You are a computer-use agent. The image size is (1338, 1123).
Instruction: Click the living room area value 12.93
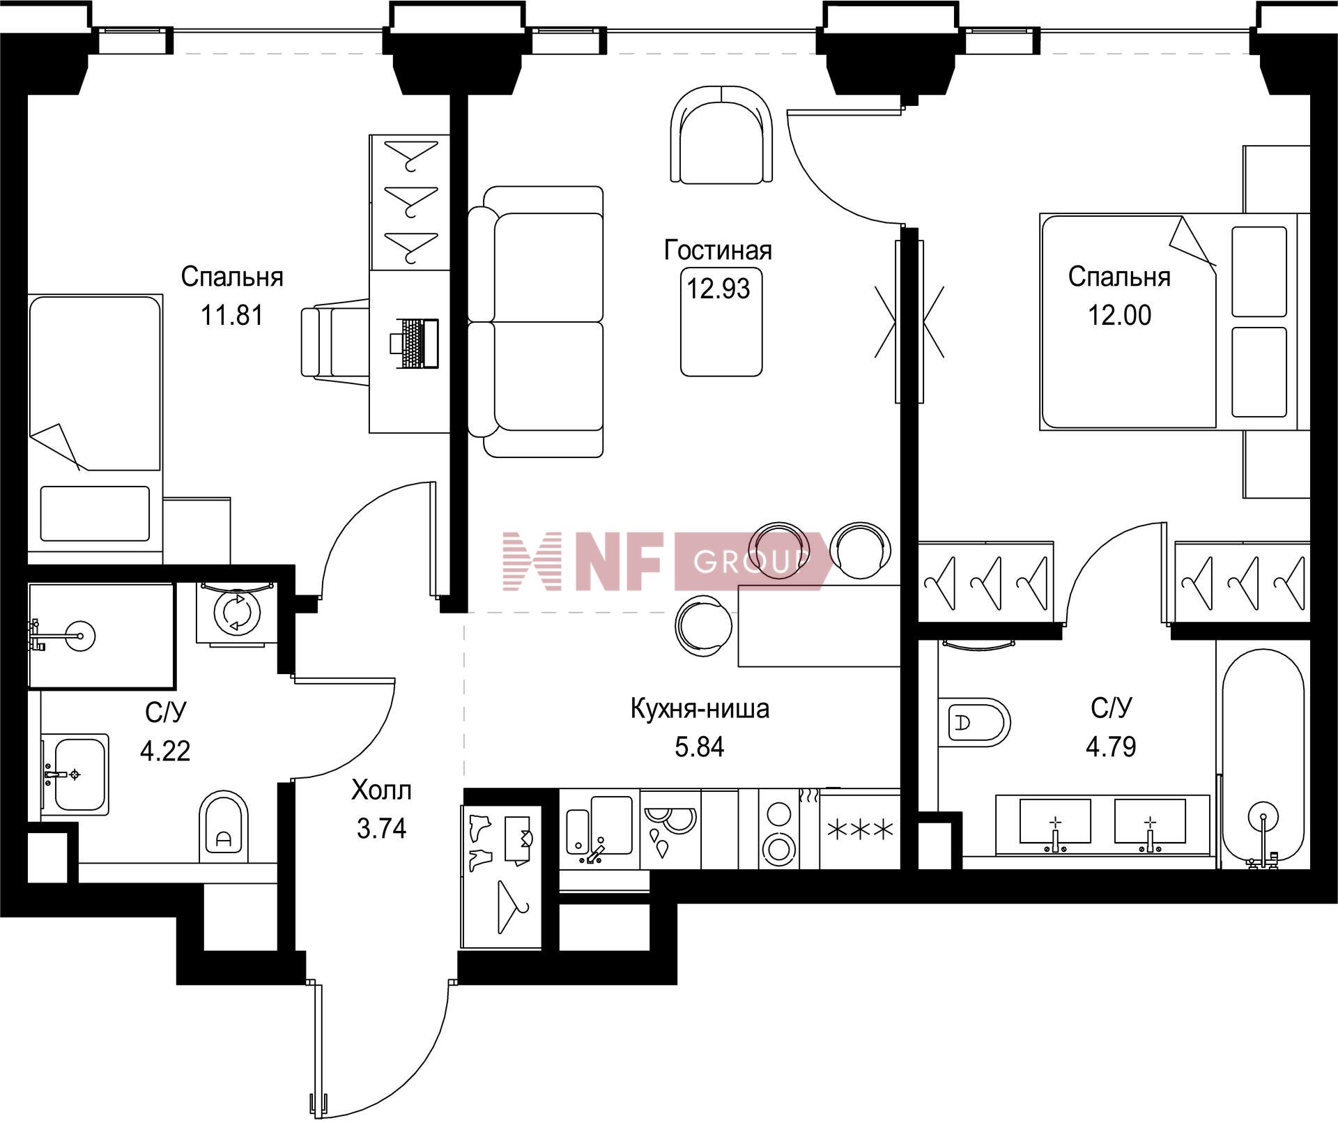point(718,288)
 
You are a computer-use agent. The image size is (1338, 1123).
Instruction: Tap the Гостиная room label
point(718,250)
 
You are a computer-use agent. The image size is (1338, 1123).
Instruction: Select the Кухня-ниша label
point(700,709)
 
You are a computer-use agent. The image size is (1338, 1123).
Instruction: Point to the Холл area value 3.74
point(381,829)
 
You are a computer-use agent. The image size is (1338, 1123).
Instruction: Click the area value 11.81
point(232,315)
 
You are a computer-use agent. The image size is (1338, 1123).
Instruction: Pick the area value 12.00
point(1120,315)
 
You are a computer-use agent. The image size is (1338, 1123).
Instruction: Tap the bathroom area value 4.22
point(165,751)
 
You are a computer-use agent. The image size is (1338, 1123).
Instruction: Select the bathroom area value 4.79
point(1111,747)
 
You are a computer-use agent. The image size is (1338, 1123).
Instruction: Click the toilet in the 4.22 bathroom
point(224,827)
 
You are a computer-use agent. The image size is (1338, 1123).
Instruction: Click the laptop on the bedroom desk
point(415,343)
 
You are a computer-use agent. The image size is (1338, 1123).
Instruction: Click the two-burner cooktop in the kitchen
point(778,829)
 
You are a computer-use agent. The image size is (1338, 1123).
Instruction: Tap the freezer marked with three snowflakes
point(860,829)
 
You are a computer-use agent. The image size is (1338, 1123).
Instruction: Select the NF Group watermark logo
point(667,561)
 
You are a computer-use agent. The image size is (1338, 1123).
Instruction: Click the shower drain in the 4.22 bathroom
point(81,636)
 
